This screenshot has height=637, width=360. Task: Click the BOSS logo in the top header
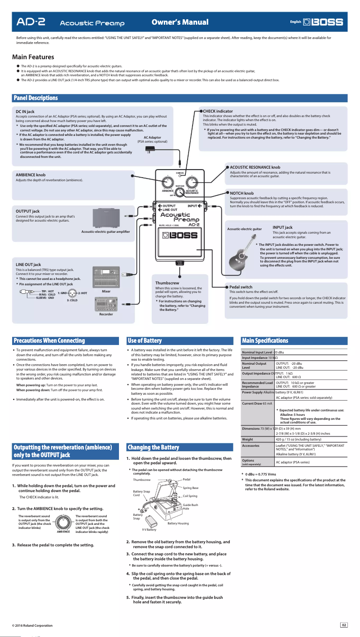323,22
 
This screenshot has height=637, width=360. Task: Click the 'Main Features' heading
33,57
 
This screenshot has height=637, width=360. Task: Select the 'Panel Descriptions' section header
36,98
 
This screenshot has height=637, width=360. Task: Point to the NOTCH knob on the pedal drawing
180,192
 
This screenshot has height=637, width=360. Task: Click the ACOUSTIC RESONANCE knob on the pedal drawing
192,182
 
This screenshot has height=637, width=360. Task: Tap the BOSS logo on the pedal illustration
180,235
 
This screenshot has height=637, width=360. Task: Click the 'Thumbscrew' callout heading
167,283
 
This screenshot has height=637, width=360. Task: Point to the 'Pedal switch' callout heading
241,287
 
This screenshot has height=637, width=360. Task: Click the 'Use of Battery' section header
145,340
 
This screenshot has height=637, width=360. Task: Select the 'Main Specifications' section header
265,340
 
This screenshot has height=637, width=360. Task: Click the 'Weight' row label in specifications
247,439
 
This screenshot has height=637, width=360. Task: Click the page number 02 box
344,625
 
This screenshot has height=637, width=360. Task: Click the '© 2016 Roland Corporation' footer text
32,625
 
